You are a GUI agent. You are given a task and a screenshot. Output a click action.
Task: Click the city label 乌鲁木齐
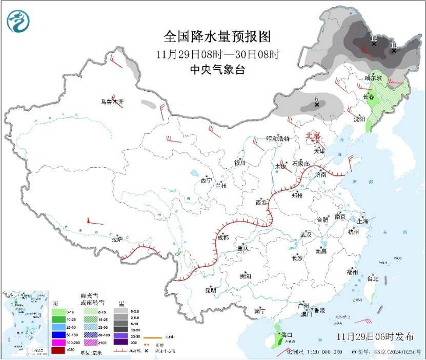click(x=112, y=102)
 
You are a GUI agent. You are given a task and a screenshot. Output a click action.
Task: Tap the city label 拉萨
click(x=117, y=238)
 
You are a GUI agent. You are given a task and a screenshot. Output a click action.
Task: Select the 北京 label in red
click(x=313, y=135)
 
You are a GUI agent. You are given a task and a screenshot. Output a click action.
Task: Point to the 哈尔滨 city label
click(x=373, y=78)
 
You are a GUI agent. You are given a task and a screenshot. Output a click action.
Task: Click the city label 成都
click(x=222, y=237)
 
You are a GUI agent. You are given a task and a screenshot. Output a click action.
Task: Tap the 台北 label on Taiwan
click(x=372, y=279)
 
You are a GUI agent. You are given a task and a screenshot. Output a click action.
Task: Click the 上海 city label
click(x=363, y=221)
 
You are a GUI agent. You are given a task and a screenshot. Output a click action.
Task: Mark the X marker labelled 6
click(x=317, y=105)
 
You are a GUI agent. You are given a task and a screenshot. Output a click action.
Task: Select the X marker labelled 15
click(x=374, y=44)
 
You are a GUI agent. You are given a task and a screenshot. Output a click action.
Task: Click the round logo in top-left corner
click(x=18, y=21)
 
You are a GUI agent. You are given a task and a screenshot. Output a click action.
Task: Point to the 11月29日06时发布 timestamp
click(x=375, y=336)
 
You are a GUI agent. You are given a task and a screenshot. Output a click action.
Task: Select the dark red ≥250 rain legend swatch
click(x=58, y=350)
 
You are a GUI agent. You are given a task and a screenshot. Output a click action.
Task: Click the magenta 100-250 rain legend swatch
click(x=58, y=342)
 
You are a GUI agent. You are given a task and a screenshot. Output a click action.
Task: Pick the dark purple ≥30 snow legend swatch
click(x=120, y=342)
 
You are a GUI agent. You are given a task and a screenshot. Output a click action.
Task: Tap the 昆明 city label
click(x=210, y=290)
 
